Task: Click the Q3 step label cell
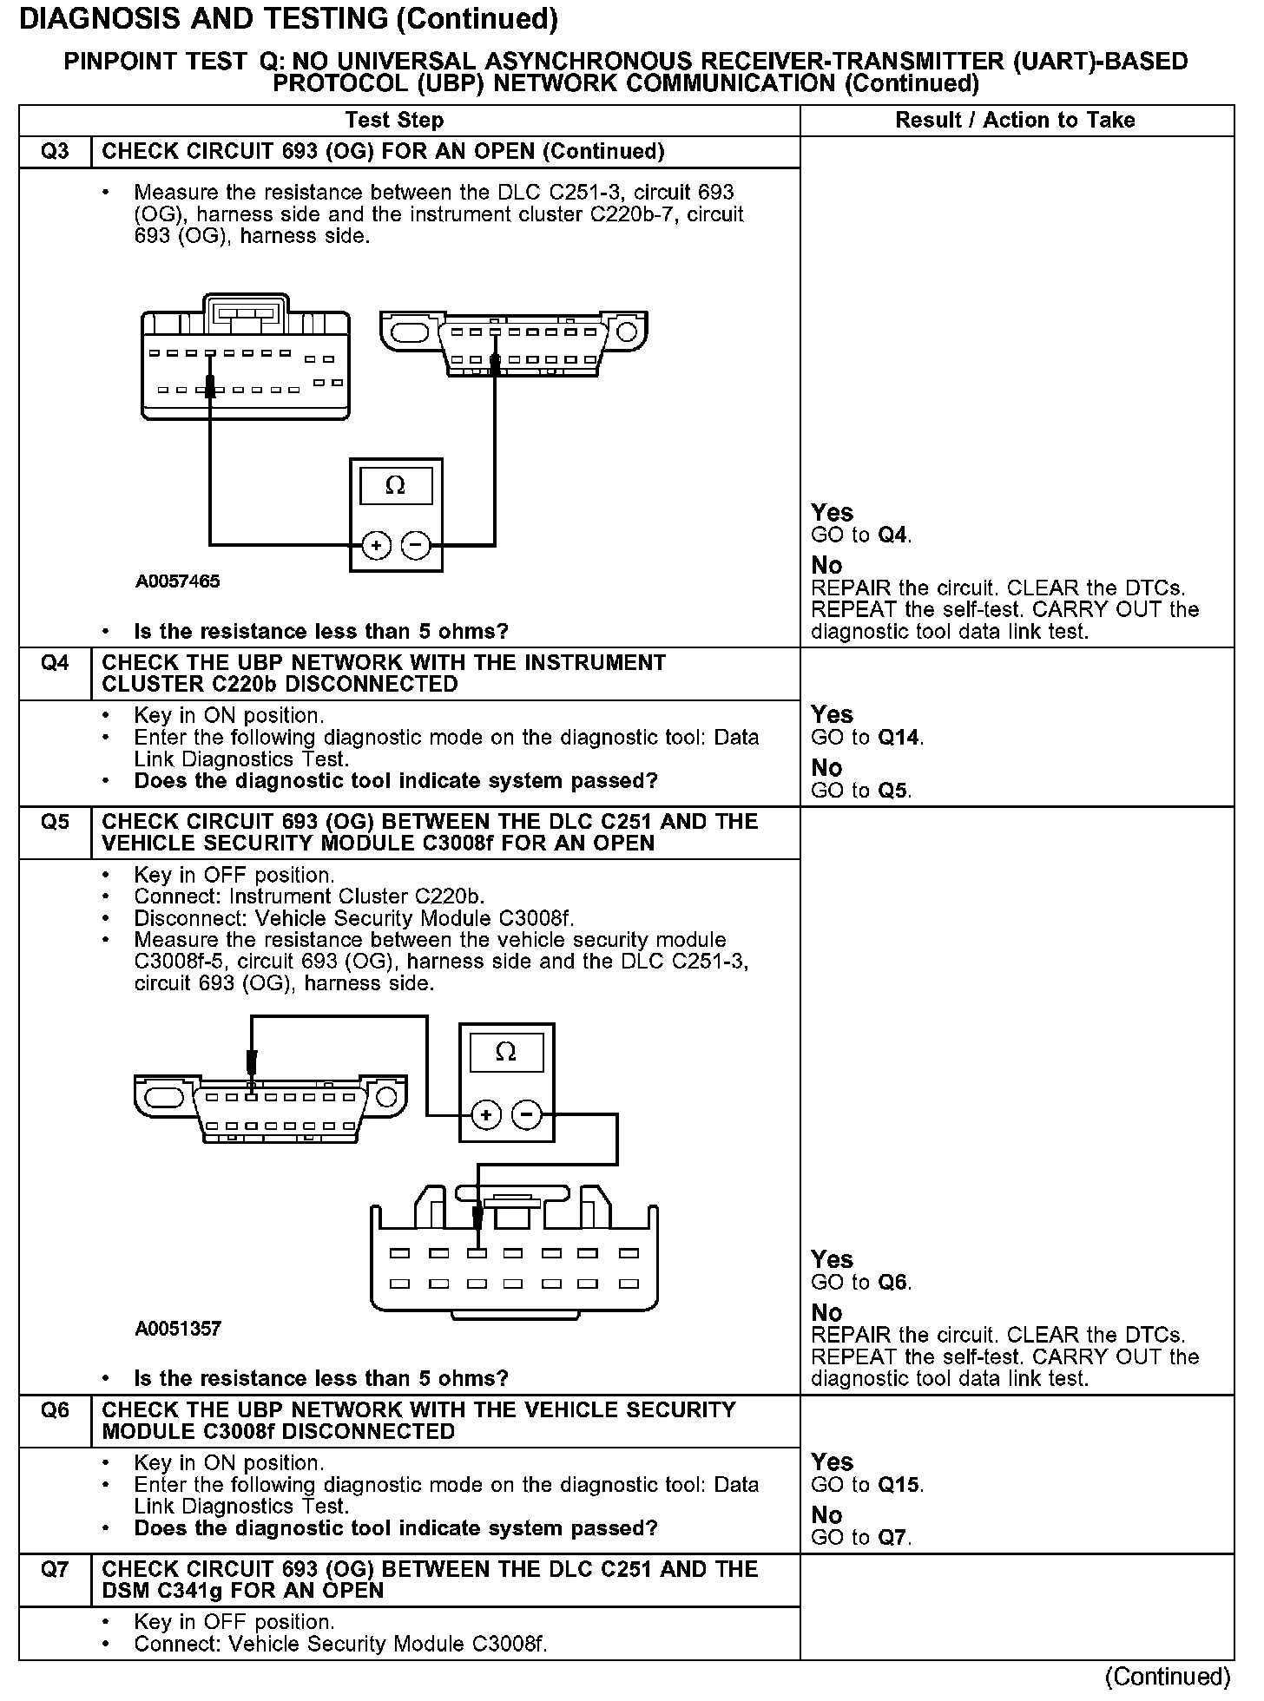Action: pyautogui.click(x=55, y=152)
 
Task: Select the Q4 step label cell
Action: pyautogui.click(x=55, y=664)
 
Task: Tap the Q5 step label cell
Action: pyautogui.click(x=55, y=822)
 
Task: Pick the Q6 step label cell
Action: pyautogui.click(x=55, y=1410)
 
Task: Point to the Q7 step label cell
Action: pyautogui.click(x=55, y=1569)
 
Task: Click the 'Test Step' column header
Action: pyautogui.click(x=394, y=121)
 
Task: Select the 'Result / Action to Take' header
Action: pyautogui.click(x=1015, y=121)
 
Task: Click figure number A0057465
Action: pyautogui.click(x=177, y=581)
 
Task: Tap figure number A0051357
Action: pyautogui.click(x=178, y=1329)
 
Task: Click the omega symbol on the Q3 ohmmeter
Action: pyautogui.click(x=395, y=486)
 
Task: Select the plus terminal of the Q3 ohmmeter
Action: pyautogui.click(x=376, y=545)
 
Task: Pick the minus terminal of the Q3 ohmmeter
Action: pyautogui.click(x=417, y=545)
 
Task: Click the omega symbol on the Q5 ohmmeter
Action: pyautogui.click(x=506, y=1053)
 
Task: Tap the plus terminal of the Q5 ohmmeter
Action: pyautogui.click(x=486, y=1115)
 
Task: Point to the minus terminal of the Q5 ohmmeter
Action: pyautogui.click(x=527, y=1115)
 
